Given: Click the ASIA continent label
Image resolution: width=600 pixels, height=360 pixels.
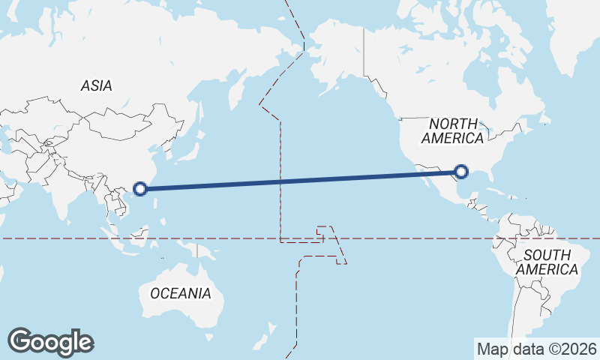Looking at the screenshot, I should (x=96, y=86).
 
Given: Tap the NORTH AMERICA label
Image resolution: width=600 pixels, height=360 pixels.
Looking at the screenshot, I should (x=453, y=130).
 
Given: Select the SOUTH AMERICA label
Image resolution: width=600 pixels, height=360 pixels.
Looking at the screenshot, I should (x=551, y=262).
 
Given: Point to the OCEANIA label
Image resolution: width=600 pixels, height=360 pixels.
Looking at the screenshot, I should (x=181, y=293).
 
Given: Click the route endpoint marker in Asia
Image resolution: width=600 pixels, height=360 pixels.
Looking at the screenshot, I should (x=139, y=187).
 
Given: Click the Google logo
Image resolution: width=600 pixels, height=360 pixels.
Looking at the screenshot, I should (x=50, y=342).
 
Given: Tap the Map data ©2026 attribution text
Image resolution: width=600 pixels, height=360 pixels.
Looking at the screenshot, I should (x=536, y=349).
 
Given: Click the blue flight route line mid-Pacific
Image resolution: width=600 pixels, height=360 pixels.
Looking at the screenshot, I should (x=300, y=181).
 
